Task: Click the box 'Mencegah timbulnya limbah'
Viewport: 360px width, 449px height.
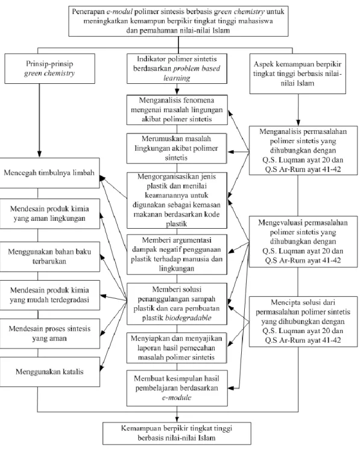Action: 49,173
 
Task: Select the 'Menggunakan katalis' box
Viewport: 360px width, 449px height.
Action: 49,372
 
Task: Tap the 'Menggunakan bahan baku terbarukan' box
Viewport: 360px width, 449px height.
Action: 49,256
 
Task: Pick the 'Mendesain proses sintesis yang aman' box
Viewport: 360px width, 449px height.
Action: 49,334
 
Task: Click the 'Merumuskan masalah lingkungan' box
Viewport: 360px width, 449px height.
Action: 177,148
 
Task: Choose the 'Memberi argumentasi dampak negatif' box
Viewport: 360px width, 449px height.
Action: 177,254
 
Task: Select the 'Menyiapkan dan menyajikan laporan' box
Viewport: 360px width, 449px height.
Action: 177,348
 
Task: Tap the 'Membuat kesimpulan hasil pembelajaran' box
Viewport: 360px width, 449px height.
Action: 177,388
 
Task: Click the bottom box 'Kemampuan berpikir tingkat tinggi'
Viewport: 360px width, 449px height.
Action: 177,433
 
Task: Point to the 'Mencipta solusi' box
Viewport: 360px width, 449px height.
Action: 303,322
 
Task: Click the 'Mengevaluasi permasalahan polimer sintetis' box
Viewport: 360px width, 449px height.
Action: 303,241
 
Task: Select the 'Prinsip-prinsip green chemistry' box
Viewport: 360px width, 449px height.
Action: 49,68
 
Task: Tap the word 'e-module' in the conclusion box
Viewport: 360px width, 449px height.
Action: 177,398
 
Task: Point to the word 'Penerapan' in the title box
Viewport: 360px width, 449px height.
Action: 87,11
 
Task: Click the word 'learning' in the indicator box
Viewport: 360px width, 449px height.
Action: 177,78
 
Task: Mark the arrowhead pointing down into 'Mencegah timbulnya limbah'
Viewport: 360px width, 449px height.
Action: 39,154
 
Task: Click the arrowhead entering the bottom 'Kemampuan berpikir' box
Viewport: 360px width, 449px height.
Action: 177,419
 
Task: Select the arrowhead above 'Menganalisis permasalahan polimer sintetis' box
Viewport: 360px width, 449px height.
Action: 298,123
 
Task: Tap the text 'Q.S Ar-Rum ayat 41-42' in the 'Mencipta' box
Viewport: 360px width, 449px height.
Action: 303,340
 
